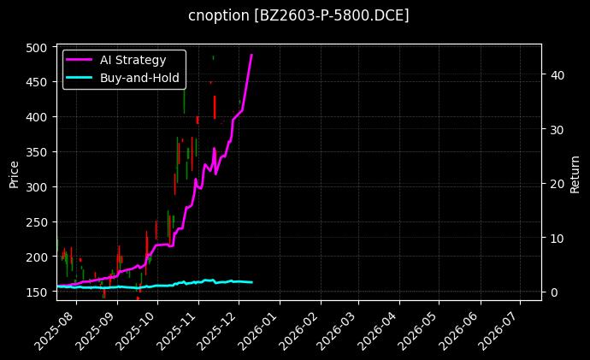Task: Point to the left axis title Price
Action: [14, 172]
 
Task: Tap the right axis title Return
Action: [575, 172]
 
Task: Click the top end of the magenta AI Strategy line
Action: [251, 55]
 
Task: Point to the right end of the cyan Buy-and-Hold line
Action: [251, 282]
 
